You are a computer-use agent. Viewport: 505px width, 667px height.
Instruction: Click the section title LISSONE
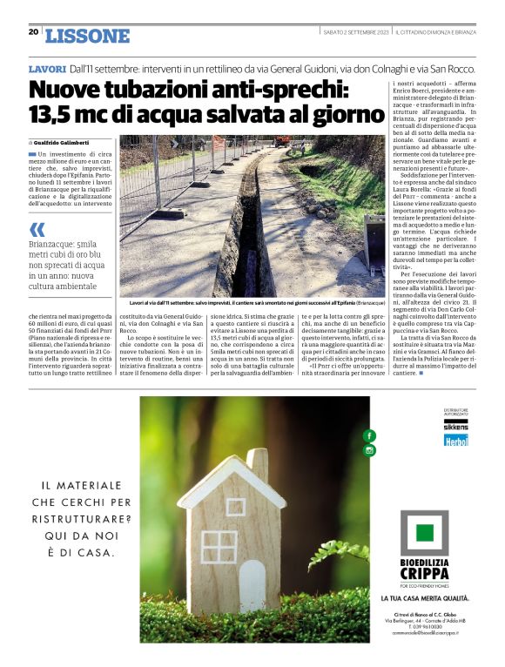(x=87, y=36)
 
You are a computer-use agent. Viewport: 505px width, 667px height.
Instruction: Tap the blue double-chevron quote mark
(x=37, y=230)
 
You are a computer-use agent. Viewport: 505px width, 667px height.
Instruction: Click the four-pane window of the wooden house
(x=219, y=546)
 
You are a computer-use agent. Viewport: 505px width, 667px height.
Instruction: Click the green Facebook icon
(x=369, y=435)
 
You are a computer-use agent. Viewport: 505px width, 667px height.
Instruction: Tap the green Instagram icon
(x=369, y=450)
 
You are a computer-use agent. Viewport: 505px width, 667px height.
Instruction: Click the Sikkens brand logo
(x=455, y=428)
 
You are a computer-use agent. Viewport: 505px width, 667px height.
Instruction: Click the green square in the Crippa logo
(x=424, y=533)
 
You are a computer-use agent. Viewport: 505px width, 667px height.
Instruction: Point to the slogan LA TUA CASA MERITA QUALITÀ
(x=425, y=599)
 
